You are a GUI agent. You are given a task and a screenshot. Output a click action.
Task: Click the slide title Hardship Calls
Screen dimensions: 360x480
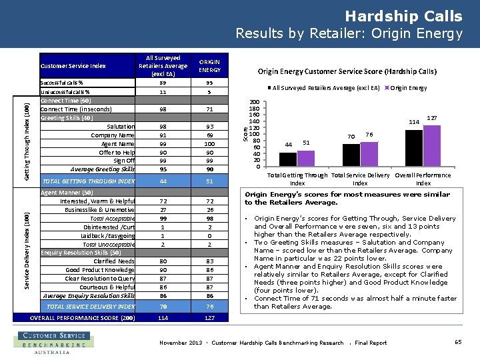pyautogui.click(x=403, y=16)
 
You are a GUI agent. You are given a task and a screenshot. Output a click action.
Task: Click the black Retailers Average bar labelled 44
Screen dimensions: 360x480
pyautogui.click(x=288, y=159)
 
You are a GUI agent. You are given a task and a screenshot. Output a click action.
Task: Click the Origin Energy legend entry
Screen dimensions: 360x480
pyautogui.click(x=408, y=87)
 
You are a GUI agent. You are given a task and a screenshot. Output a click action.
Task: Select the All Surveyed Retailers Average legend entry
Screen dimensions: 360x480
pyautogui.click(x=326, y=87)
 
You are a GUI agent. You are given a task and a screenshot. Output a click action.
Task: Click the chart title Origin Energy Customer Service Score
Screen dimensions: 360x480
pyautogui.click(x=347, y=71)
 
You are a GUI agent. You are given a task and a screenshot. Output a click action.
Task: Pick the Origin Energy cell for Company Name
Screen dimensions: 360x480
pyautogui.click(x=209, y=135)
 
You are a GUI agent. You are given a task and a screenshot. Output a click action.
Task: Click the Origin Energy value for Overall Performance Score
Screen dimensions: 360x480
pyautogui.click(x=209, y=317)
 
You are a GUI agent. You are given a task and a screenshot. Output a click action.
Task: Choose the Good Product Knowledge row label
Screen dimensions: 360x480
pyautogui.click(x=100, y=270)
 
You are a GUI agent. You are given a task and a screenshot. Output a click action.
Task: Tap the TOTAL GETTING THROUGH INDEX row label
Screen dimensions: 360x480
pyautogui.click(x=89, y=181)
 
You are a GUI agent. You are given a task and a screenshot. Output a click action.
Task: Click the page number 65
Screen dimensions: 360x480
pyautogui.click(x=458, y=342)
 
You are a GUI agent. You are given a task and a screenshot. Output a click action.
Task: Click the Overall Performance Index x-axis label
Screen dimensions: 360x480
pyautogui.click(x=423, y=179)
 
